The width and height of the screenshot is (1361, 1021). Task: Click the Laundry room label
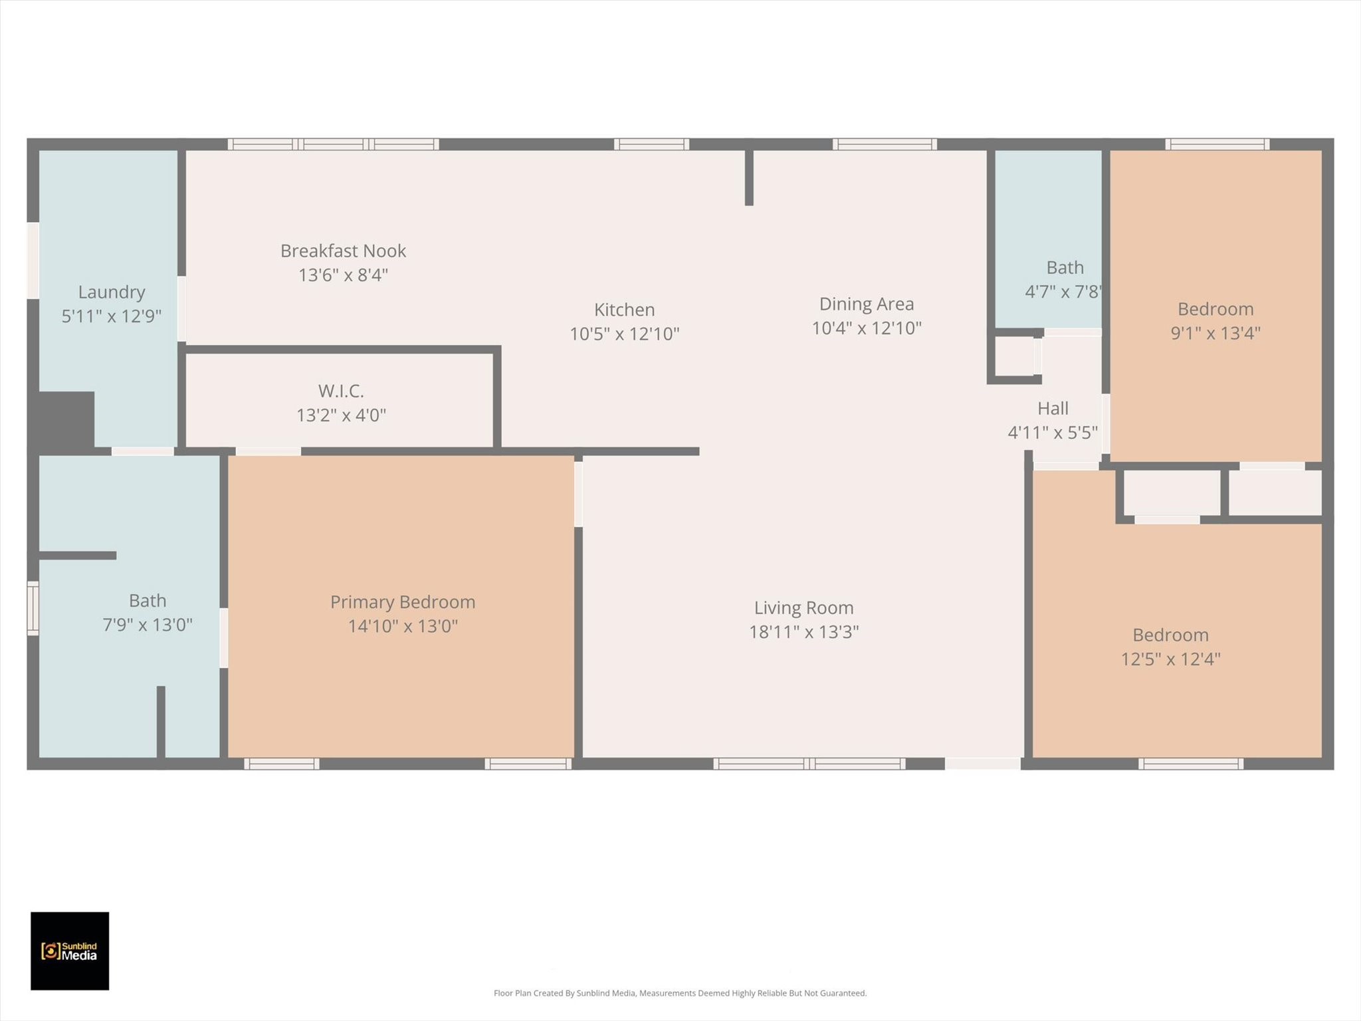pos(112,292)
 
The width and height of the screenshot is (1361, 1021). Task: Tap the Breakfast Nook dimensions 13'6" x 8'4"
pos(343,275)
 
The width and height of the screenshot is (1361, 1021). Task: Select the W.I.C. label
pos(341,391)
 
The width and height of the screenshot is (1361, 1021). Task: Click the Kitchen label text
pos(624,310)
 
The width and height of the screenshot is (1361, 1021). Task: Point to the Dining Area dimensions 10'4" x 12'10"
pos(867,328)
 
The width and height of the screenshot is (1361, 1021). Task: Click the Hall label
pos(1053,409)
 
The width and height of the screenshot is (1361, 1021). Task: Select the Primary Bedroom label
pos(403,602)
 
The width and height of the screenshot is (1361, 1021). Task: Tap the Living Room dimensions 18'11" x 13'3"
pos(803,632)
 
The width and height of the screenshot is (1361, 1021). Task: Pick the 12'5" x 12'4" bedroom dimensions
pos(1170,659)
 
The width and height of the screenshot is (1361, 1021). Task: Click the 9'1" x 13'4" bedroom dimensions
pos(1215,333)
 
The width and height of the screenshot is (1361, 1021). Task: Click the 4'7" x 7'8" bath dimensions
pos(1063,292)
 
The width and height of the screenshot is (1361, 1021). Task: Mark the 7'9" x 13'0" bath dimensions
pos(147,625)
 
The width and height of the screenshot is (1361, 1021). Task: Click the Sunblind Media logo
pos(70,951)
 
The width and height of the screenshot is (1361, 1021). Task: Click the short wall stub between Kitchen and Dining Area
pos(749,177)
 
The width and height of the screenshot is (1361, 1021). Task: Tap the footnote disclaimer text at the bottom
pos(680,993)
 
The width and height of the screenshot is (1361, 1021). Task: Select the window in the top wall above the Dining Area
pos(885,144)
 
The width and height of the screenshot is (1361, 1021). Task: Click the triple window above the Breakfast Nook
pos(333,144)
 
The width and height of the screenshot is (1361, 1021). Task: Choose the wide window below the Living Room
pos(809,764)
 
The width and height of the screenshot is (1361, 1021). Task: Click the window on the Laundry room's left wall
pos(33,261)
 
